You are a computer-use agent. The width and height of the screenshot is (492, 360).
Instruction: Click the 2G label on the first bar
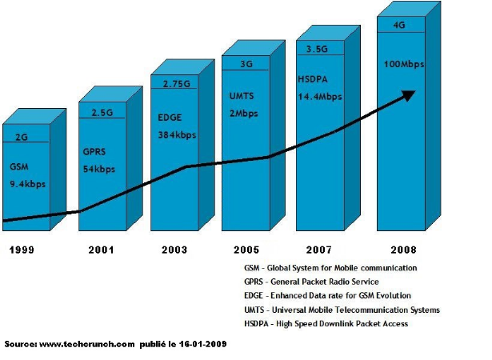tap(21, 137)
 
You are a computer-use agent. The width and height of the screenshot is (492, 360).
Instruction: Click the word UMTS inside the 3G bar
tap(242, 98)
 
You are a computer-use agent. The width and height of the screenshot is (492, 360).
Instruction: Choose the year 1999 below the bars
tap(22, 250)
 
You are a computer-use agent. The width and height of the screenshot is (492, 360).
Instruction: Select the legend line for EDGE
tap(333, 296)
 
